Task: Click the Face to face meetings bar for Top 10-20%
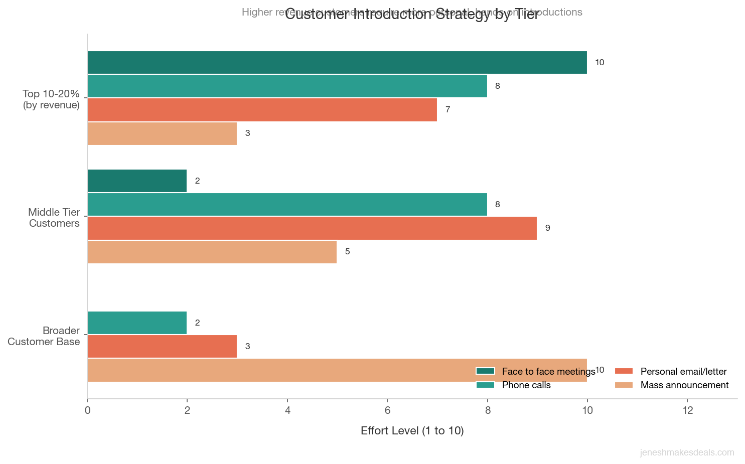pos(337,63)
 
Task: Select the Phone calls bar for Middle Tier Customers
pos(287,205)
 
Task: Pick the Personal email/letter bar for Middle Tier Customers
pos(312,228)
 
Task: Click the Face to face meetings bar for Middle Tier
pos(137,181)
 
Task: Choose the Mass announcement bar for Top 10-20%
pos(162,133)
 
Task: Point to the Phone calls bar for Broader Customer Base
pos(137,323)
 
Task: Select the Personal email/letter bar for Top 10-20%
pos(262,110)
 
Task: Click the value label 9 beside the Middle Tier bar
pos(547,228)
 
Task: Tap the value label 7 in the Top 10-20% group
pos(448,110)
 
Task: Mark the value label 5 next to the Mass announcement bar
pos(347,252)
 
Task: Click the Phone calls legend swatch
pos(485,385)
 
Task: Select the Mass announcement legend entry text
pos(684,385)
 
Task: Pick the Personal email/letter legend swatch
pos(624,372)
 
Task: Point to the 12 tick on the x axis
pos(687,410)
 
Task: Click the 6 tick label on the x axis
pos(387,410)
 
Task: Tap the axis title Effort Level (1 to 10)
pos(412,431)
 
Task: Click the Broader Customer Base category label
pos(44,336)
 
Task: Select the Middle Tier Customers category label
pos(54,218)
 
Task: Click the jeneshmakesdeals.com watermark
pos(687,452)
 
